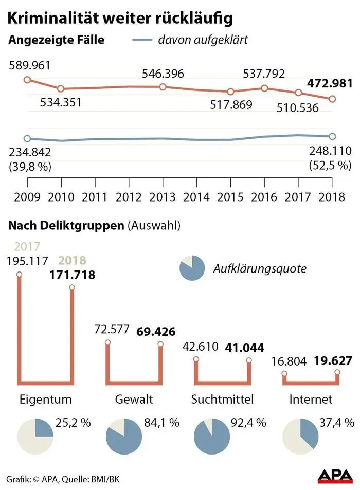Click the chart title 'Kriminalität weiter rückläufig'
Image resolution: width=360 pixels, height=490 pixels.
[x=119, y=18]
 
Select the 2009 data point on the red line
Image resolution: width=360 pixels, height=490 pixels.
[x=27, y=80]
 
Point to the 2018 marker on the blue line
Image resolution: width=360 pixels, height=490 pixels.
[x=332, y=136]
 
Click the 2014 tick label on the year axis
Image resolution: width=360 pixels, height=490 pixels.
[x=196, y=197]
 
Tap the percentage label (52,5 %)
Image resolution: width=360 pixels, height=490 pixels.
[x=330, y=165]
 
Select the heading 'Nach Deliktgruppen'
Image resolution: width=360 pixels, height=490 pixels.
[x=65, y=225]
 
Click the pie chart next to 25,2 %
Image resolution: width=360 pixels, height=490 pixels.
[x=35, y=437]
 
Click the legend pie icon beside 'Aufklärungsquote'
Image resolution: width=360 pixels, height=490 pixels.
[x=192, y=268]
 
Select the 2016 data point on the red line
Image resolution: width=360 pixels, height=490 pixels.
[x=264, y=88]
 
